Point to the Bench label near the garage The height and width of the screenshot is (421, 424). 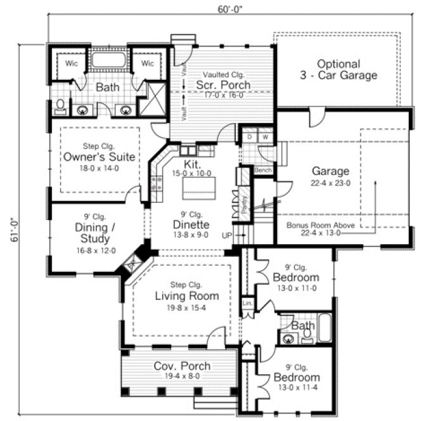(262, 171)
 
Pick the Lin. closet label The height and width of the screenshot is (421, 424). (248, 304)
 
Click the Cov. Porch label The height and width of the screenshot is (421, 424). (182, 366)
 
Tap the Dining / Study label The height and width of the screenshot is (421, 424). (92, 233)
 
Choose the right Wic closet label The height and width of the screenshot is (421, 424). (147, 64)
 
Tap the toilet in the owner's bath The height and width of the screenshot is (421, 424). (60, 107)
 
